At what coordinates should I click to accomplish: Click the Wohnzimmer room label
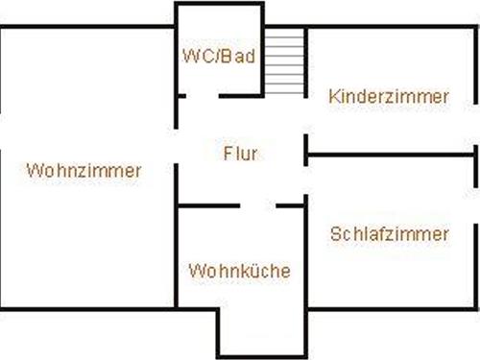pos(84,171)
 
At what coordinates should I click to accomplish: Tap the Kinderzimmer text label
pos(388,96)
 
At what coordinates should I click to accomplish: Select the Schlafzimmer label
pos(389,233)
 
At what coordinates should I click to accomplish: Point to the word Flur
pos(240,153)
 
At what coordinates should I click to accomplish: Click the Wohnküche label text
pos(239,271)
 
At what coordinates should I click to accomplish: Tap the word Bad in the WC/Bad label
pos(241,56)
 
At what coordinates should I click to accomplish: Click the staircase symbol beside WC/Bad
pos(284,61)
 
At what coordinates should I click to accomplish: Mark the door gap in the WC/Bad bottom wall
pos(202,95)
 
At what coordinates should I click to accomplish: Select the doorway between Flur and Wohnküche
pos(257,204)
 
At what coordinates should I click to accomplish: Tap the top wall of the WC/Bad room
pos(219,4)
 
